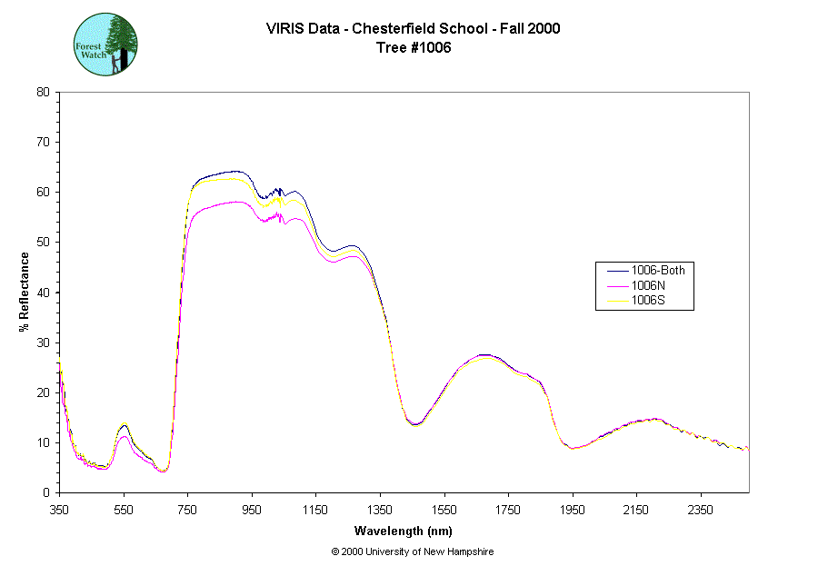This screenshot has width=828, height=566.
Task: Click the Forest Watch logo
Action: (105, 45)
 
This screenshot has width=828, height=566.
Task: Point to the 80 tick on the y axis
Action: (43, 92)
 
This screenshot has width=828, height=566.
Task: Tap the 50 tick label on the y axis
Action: (43, 242)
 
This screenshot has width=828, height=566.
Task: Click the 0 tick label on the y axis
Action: (46, 492)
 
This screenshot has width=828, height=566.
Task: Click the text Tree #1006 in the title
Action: (414, 48)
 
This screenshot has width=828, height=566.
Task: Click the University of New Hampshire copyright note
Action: (413, 551)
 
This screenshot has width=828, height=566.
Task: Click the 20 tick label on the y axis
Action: (43, 392)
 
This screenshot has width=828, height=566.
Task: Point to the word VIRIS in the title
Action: (286, 28)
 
